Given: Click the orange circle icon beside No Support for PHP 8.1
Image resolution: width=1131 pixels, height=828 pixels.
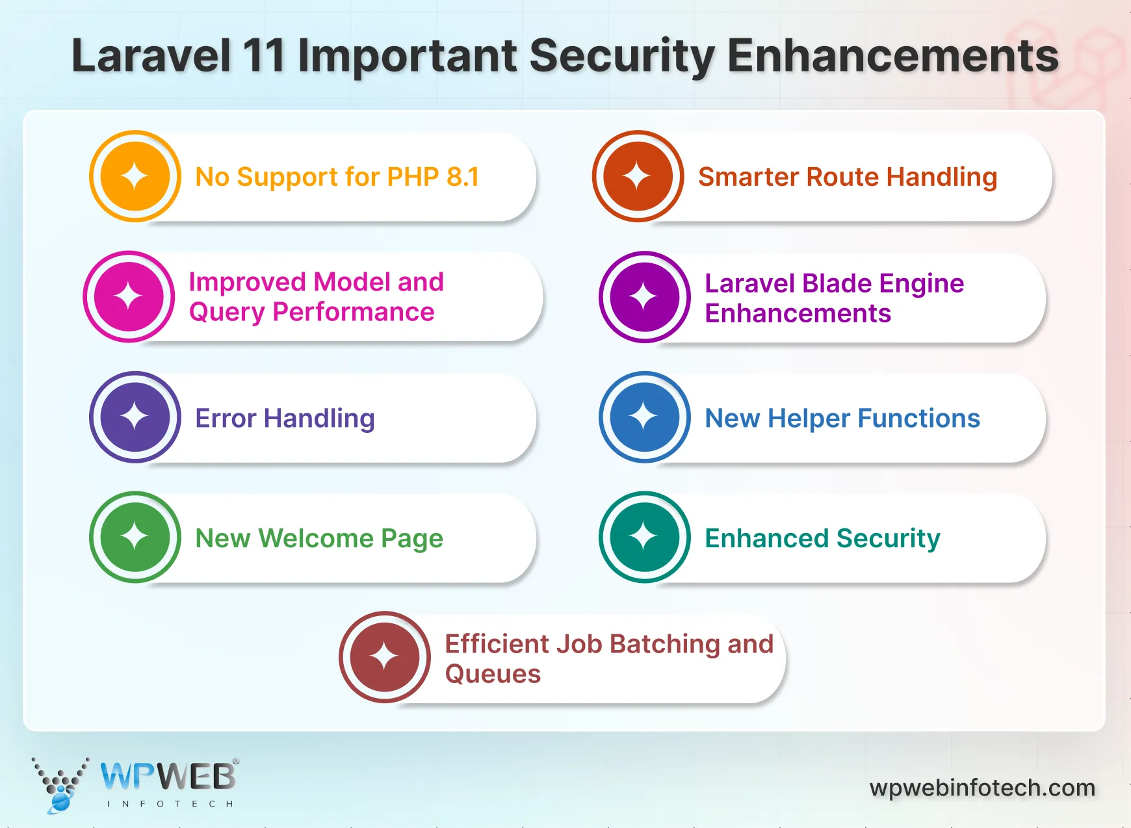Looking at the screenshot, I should [135, 176].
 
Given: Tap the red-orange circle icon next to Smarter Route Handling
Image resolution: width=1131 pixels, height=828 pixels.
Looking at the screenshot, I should [638, 176].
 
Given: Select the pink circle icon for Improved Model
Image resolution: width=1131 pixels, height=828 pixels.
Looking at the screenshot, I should [129, 296].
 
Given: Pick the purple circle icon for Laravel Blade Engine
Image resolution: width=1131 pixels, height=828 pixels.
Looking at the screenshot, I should [644, 297].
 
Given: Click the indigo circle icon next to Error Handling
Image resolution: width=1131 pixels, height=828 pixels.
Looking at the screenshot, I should [135, 417].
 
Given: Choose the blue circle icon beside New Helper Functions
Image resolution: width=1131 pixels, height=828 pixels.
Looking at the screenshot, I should [644, 417].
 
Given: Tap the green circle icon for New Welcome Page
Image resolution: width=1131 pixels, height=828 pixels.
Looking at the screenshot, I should [135, 537].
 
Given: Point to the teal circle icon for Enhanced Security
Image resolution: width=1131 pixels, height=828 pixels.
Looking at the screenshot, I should [644, 537].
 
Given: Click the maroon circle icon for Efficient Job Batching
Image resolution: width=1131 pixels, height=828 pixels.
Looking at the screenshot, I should [384, 656].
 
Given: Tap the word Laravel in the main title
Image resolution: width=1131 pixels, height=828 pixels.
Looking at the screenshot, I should [151, 56].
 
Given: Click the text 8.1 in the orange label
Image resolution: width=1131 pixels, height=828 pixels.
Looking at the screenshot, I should [463, 177].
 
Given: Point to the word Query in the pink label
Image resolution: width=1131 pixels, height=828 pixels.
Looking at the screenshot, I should [227, 313].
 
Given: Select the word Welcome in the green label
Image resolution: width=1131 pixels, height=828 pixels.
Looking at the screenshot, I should [316, 538].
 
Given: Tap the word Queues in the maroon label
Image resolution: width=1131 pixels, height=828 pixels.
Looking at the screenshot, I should [493, 674].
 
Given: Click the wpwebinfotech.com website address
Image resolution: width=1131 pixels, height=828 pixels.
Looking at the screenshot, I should [982, 788].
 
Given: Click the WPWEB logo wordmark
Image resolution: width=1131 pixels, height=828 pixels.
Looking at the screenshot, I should [168, 776].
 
